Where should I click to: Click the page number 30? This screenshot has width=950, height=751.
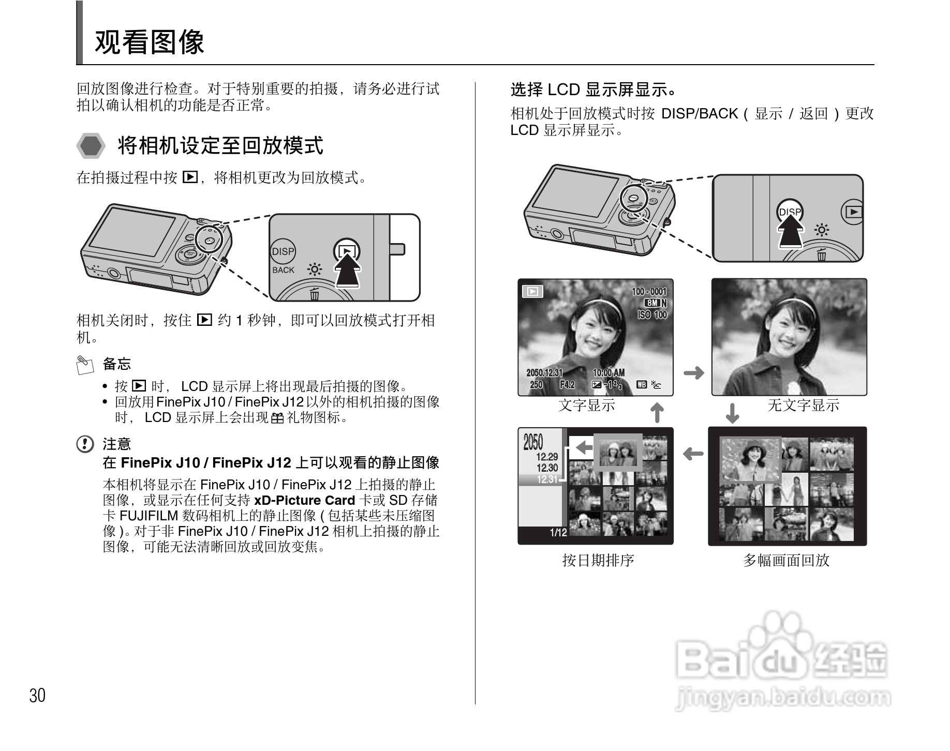pyautogui.click(x=37, y=695)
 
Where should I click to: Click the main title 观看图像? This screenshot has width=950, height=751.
pyautogui.click(x=150, y=42)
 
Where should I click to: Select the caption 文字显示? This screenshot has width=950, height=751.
pyautogui.click(x=587, y=405)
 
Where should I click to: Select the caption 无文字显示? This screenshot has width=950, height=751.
pyautogui.click(x=803, y=405)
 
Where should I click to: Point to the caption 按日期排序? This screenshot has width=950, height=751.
pyautogui.click(x=598, y=560)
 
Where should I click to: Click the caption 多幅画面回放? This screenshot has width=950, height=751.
pyautogui.click(x=786, y=560)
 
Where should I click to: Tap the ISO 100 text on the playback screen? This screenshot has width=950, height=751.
pyautogui.click(x=652, y=314)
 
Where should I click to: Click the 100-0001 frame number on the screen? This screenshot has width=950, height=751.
pyautogui.click(x=649, y=292)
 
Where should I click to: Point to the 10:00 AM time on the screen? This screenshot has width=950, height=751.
pyautogui.click(x=608, y=372)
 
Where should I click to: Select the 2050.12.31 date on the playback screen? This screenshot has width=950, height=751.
pyautogui.click(x=544, y=372)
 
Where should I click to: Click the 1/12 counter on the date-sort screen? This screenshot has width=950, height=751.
pyautogui.click(x=558, y=533)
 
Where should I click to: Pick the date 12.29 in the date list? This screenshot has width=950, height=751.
pyautogui.click(x=547, y=457)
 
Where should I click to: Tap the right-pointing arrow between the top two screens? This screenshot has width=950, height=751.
pyautogui.click(x=694, y=372)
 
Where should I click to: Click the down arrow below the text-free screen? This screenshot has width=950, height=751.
pyautogui.click(x=732, y=413)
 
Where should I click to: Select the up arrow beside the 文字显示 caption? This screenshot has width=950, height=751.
pyautogui.click(x=657, y=413)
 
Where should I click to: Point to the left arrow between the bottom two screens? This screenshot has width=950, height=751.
pyautogui.click(x=693, y=454)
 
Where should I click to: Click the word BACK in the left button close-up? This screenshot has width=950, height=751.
pyautogui.click(x=283, y=270)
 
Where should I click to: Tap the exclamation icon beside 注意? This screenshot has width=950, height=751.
pyautogui.click(x=85, y=444)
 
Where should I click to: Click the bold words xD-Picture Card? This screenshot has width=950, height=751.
pyautogui.click(x=304, y=500)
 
